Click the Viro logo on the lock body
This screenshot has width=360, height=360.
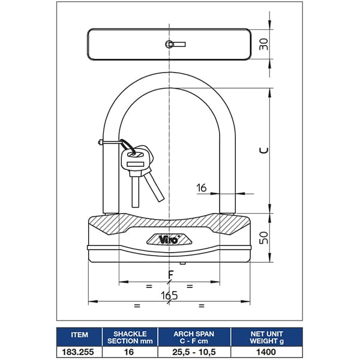pyautogui.click(x=169, y=239)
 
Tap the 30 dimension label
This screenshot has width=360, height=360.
pyautogui.click(x=263, y=44)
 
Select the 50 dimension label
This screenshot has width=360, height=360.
pyautogui.click(x=263, y=238)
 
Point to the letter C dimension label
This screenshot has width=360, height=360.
pyautogui.click(x=263, y=150)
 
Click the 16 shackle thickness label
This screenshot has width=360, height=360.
pyautogui.click(x=202, y=188)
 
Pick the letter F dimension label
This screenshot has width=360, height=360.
pyautogui.click(x=170, y=274)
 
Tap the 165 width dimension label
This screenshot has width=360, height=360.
pyautogui.click(x=169, y=295)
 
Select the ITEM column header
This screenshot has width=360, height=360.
pyautogui.click(x=79, y=335)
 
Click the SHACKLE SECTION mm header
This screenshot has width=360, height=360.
pyautogui.click(x=130, y=337)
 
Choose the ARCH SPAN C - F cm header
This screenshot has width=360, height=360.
pyautogui.click(x=194, y=337)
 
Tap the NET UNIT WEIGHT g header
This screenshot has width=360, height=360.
pyautogui.click(x=266, y=337)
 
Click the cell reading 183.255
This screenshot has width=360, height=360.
pyautogui.click(x=78, y=352)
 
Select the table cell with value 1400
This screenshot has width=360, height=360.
pyautogui.click(x=266, y=352)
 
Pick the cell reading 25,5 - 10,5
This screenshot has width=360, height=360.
pyautogui.click(x=194, y=352)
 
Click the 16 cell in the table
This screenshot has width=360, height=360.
pyautogui.click(x=129, y=352)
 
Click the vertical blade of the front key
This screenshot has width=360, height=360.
pyautogui.click(x=135, y=192)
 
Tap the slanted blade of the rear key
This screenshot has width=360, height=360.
pyautogui.click(x=155, y=187)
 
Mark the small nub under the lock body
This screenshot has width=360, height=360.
pyautogui.click(x=182, y=263)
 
